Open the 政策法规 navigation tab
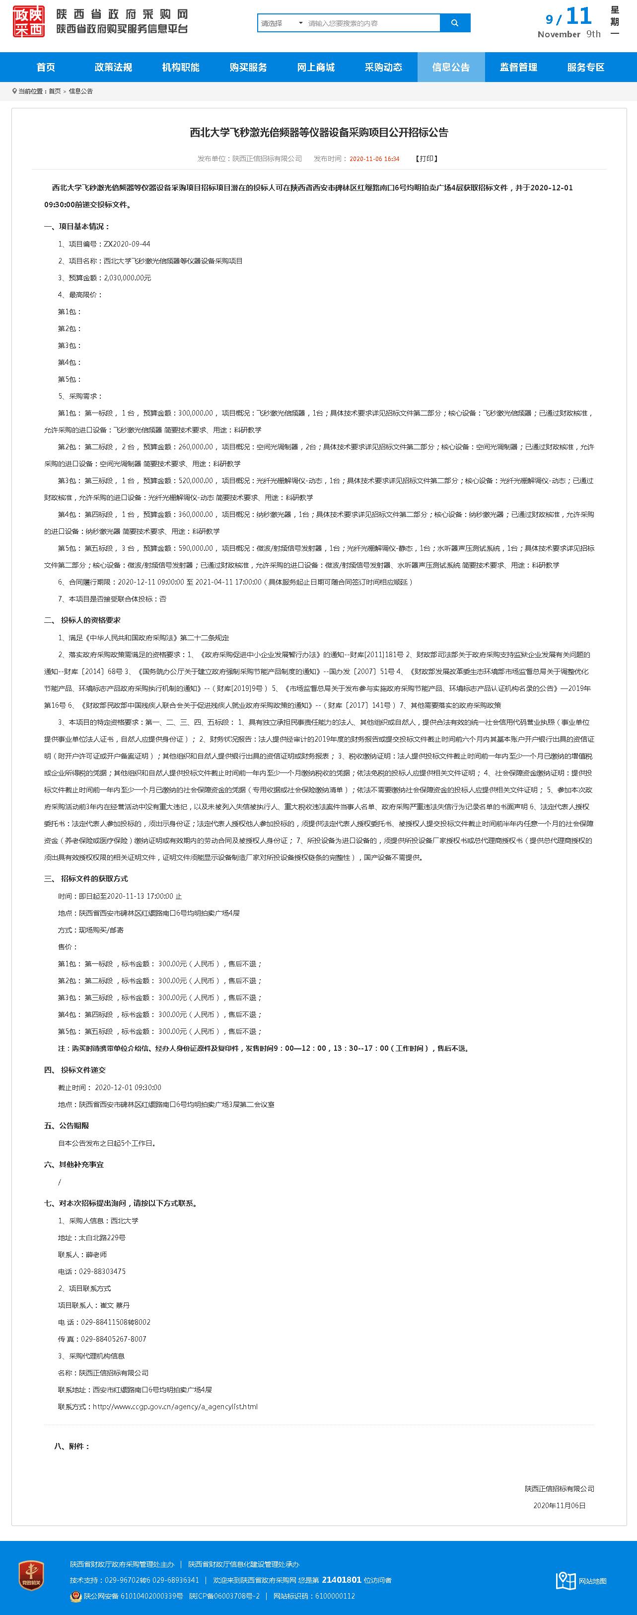coord(113,67)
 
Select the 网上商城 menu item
coord(316,67)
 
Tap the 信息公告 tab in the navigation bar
coord(451,67)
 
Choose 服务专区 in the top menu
coord(586,67)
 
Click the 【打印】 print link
coord(426,159)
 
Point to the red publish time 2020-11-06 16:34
coord(374,159)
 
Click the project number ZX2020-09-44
coord(127,244)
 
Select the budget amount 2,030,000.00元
coord(127,278)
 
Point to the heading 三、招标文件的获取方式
coord(86,878)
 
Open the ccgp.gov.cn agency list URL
coord(175,1406)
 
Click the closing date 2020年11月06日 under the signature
coord(560,1505)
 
